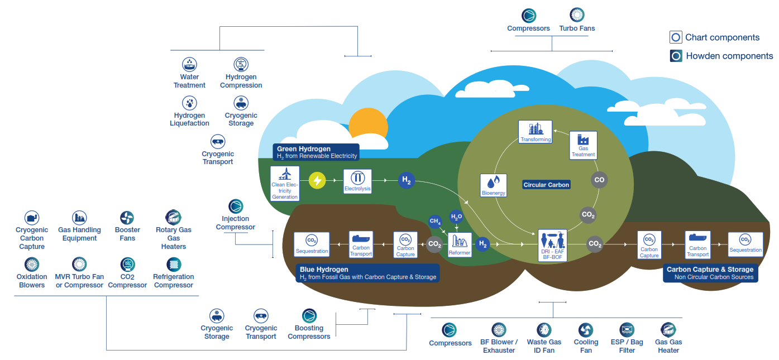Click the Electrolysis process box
[x=357, y=181]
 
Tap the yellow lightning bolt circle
[x=317, y=180]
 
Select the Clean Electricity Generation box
[x=285, y=183]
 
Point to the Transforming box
[x=535, y=132]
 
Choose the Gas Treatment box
[x=583, y=145]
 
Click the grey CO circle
[x=599, y=180]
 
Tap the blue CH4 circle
[x=435, y=221]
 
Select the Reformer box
[x=460, y=244]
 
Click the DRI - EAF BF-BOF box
[x=552, y=245]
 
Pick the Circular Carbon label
[x=546, y=185]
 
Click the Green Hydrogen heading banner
[x=316, y=152]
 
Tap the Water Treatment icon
[x=190, y=64]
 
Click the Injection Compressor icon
[x=236, y=206]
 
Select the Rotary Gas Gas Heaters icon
[x=173, y=217]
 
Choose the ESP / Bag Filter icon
[x=627, y=330]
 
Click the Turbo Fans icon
[x=577, y=15]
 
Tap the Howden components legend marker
[x=676, y=56]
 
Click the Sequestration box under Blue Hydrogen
[x=312, y=244]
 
